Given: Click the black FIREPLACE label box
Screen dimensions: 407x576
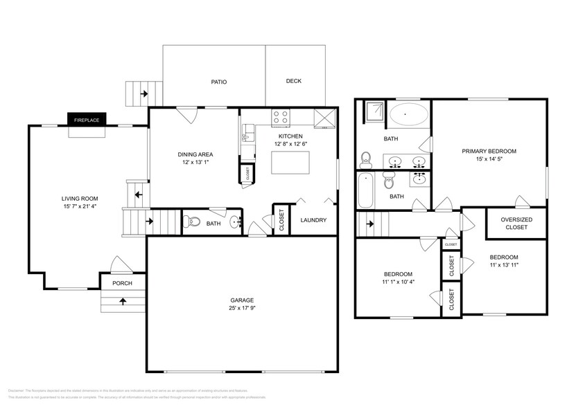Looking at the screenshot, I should (87, 120).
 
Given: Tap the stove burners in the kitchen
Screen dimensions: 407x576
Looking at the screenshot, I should (280, 117).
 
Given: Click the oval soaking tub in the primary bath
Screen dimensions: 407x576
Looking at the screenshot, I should (408, 115).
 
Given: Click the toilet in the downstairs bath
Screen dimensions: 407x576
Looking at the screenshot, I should (194, 223).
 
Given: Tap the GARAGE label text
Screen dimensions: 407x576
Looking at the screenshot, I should (242, 300).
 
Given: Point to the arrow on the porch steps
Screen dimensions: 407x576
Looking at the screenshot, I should (123, 301).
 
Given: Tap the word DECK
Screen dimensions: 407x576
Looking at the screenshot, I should (294, 81).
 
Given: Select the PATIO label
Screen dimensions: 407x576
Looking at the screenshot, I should (219, 82).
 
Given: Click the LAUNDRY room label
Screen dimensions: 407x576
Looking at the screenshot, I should (313, 220).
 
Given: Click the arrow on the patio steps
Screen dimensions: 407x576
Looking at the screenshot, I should (144, 93).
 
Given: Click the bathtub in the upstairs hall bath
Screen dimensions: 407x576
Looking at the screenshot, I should (365, 190).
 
